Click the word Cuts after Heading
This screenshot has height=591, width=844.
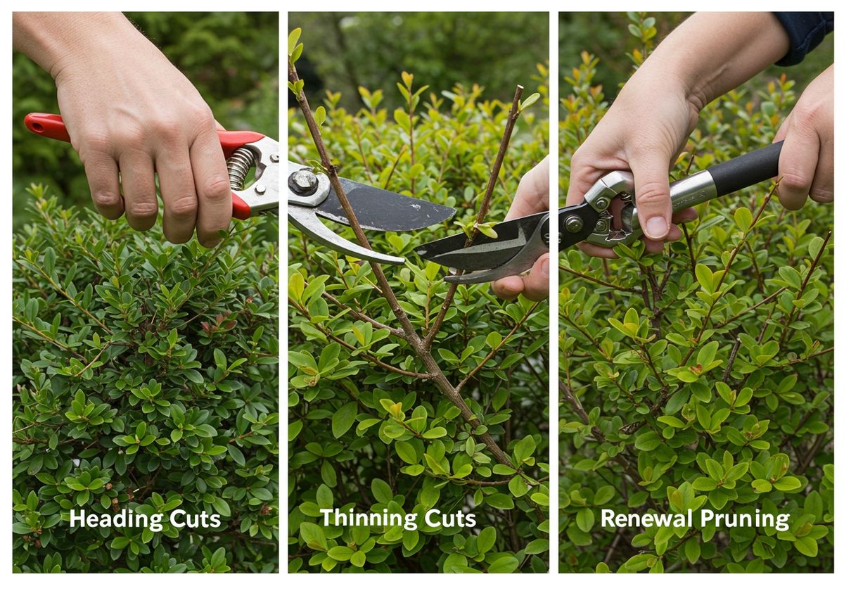click(196, 519)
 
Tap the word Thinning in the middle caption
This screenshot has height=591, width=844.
click(369, 519)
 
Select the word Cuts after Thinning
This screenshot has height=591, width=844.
click(450, 519)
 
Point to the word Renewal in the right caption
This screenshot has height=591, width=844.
click(646, 519)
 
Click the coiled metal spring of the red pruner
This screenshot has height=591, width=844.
click(240, 168)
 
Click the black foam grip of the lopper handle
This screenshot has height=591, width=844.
click(744, 168)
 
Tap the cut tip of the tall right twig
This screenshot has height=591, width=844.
click(520, 87)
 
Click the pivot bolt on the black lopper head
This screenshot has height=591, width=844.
click(573, 224)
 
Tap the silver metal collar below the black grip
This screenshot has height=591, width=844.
click(693, 191)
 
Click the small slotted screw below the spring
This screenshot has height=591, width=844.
click(260, 189)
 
